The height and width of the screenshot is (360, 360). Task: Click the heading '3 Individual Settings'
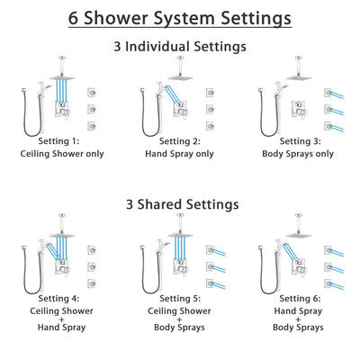(x=180, y=46)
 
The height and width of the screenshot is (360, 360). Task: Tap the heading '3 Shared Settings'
(x=180, y=204)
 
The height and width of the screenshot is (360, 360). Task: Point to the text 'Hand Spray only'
(x=180, y=153)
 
